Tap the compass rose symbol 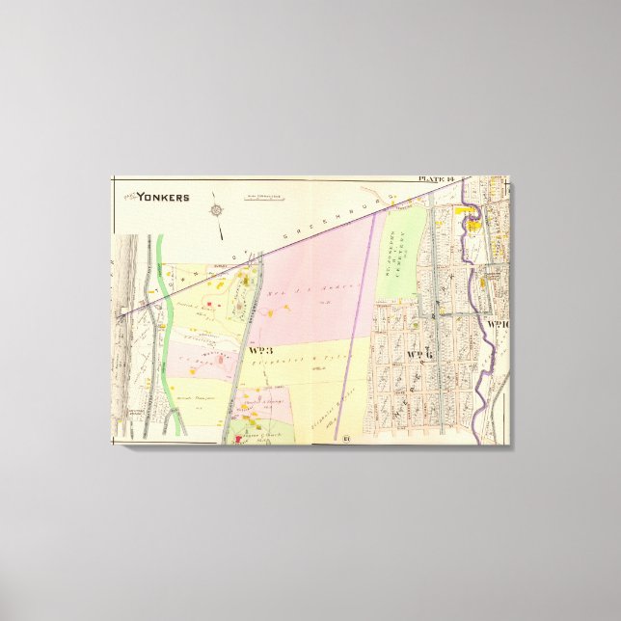coord(218,209)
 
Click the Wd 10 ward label coord(499,324)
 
